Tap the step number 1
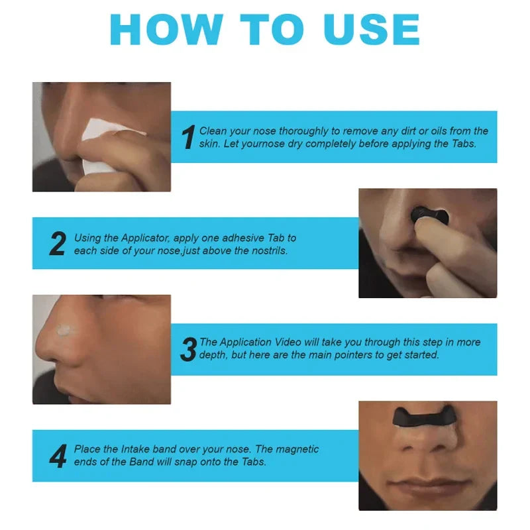(x=188, y=137)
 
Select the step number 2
(x=58, y=244)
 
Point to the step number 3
(x=188, y=349)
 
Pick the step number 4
(x=58, y=456)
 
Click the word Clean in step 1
(x=213, y=131)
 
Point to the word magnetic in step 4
(x=297, y=449)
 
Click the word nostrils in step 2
(x=268, y=251)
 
